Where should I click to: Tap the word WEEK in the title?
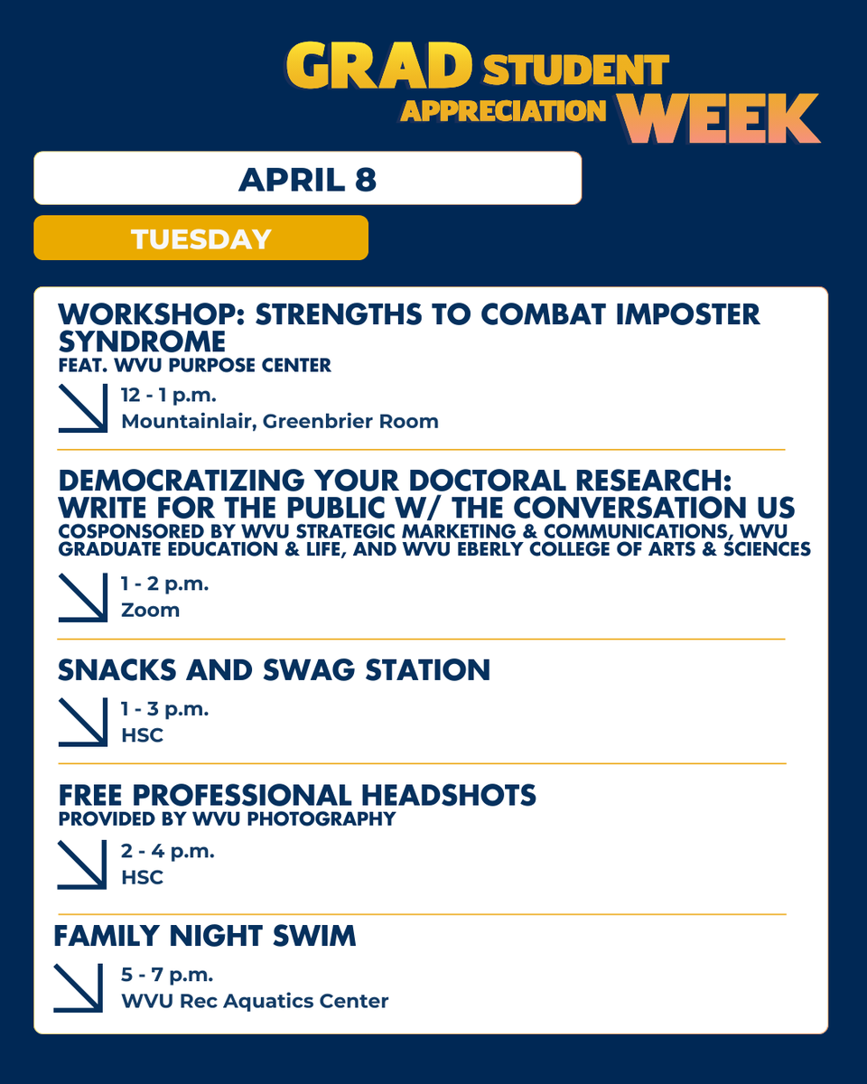pos(720,118)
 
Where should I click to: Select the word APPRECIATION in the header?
pos(503,110)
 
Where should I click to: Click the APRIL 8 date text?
pos(307,179)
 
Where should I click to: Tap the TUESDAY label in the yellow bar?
pos(200,238)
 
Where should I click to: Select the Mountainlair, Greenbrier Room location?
pos(280,421)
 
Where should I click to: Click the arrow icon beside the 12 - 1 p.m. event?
pos(83,407)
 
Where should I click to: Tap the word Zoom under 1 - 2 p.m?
pos(151,610)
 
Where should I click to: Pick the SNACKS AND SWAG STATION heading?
pos(274,669)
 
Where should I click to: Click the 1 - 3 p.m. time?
pos(164,709)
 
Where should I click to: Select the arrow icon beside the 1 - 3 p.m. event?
pos(83,722)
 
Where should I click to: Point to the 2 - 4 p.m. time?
pos(167,851)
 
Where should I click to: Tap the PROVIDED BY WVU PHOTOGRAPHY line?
pos(227,819)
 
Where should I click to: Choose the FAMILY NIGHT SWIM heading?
pos(205,936)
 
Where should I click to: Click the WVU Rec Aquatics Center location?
pos(255,1001)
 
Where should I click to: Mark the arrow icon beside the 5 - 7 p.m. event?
pos(79,987)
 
